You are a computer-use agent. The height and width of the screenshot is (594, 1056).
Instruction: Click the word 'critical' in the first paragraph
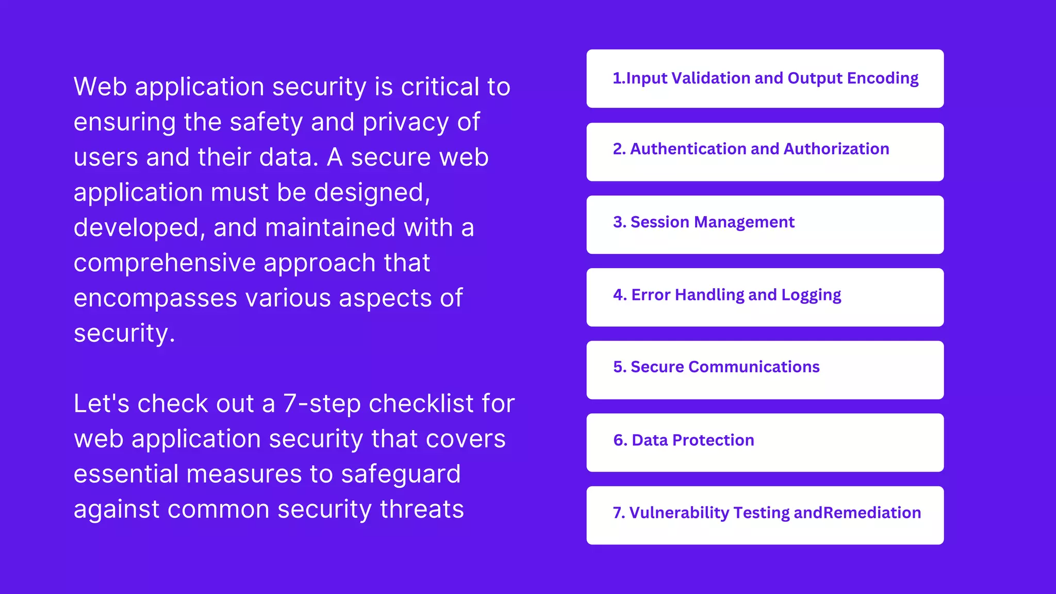[440, 87]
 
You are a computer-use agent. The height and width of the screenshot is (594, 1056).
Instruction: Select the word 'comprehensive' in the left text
[164, 263]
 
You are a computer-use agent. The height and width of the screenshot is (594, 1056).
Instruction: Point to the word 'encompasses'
[155, 298]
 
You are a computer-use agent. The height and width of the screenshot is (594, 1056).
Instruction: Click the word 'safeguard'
[401, 474]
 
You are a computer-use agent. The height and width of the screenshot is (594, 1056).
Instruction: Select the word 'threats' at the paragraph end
[422, 509]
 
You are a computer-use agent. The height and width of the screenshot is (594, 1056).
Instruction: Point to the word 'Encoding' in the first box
[883, 78]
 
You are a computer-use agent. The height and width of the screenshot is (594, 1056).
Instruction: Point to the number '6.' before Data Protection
[620, 440]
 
